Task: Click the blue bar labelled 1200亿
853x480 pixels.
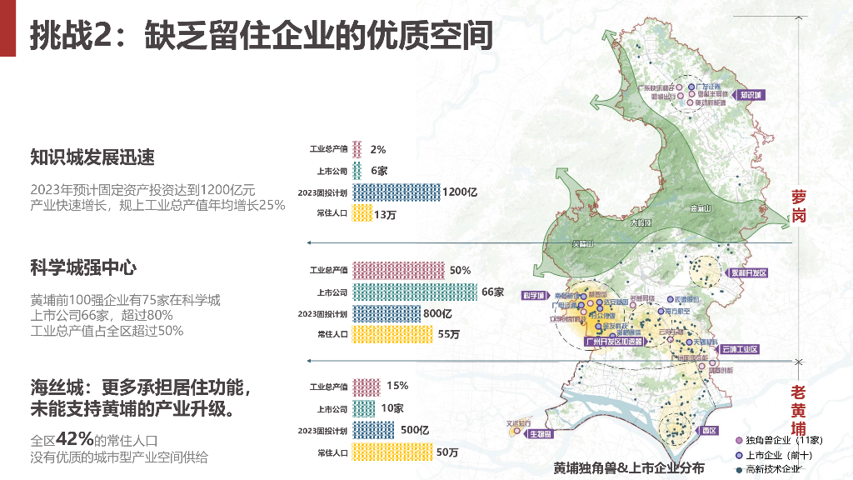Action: pyautogui.click(x=396, y=192)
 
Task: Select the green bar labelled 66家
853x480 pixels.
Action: pyautogui.click(x=416, y=292)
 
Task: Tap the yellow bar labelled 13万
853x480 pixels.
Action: pyautogui.click(x=362, y=214)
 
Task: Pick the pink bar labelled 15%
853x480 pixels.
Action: pyautogui.click(x=367, y=387)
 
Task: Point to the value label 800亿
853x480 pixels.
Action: pyautogui.click(x=436, y=314)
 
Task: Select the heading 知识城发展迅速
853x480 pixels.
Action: pyautogui.click(x=92, y=157)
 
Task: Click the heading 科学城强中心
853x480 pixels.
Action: pyautogui.click(x=83, y=267)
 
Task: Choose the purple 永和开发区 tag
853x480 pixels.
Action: pyautogui.click(x=747, y=273)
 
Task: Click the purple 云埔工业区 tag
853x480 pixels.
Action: pyautogui.click(x=739, y=349)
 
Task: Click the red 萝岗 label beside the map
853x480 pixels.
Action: pyautogui.click(x=799, y=206)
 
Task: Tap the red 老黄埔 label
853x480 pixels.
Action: pyautogui.click(x=799, y=409)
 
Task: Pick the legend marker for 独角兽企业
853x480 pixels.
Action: pyautogui.click(x=739, y=440)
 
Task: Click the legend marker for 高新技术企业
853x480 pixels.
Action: pyautogui.click(x=739, y=470)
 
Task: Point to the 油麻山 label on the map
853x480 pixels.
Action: pyautogui.click(x=701, y=208)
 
